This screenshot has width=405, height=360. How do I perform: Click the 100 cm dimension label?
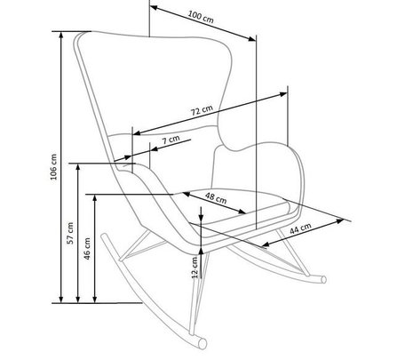(x=201, y=17)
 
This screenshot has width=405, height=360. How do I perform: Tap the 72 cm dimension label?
(x=202, y=110)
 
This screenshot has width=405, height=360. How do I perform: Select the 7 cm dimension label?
(x=171, y=140)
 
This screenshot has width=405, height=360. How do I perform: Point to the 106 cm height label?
(x=53, y=167)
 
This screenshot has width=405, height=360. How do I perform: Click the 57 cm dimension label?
(x=70, y=233)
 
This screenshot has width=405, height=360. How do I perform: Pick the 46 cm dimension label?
(x=87, y=249)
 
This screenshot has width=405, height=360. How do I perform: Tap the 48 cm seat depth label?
(x=216, y=197)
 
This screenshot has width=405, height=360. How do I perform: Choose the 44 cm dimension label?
(x=300, y=228)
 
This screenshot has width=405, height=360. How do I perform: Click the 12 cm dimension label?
(x=195, y=268)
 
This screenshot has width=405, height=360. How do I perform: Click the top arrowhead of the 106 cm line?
(x=61, y=35)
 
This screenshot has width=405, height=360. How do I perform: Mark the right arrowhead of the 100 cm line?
(x=252, y=38)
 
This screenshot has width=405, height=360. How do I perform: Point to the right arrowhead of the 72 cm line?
(x=283, y=94)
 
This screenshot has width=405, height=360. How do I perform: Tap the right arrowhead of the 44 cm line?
(x=340, y=220)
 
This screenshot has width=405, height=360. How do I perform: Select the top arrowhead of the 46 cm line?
(x=95, y=198)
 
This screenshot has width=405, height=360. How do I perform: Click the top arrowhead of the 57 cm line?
(x=78, y=167)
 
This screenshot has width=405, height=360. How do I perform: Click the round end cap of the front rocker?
(x=202, y=344)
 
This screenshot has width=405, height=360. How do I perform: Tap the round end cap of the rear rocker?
(x=324, y=280)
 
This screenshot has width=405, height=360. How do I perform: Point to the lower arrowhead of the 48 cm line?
(x=242, y=212)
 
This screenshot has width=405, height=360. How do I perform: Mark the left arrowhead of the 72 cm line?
(x=137, y=133)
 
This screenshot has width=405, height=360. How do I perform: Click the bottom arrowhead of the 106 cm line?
(x=61, y=300)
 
